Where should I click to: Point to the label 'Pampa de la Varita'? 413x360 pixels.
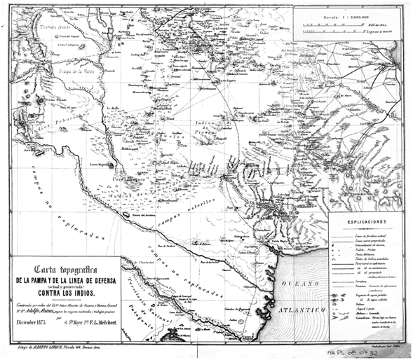72,69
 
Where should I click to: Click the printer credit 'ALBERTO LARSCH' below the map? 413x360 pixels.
43,347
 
